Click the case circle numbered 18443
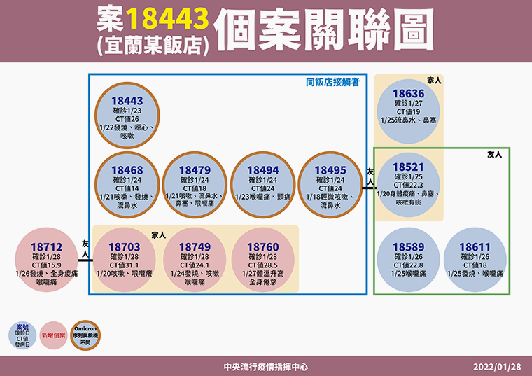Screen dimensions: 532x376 (x=127, y=116)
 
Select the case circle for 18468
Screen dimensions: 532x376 (x=127, y=185)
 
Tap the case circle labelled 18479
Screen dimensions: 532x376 (x=195, y=185)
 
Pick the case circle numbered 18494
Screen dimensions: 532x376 (x=263, y=185)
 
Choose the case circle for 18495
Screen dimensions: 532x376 (x=330, y=185)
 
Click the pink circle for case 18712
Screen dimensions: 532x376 (x=46, y=260)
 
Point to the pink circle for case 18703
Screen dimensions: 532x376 (x=125, y=260)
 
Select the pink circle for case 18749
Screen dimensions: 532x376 (x=195, y=260)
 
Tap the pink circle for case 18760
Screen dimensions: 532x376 (x=263, y=260)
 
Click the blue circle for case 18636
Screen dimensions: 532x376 (x=409, y=111)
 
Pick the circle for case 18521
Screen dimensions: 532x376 (x=409, y=185)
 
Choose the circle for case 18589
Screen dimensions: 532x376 (x=409, y=260)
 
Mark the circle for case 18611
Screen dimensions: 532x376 (x=475, y=260)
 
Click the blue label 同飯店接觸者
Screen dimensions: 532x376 (x=332, y=82)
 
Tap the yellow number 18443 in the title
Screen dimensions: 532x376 (x=167, y=18)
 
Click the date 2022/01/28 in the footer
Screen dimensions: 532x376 (x=497, y=367)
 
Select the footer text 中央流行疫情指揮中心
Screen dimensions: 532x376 (x=266, y=367)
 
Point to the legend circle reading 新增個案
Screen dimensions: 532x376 (x=54, y=335)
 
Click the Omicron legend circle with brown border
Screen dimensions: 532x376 (x=85, y=335)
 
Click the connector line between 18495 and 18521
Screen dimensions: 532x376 (x=370, y=188)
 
